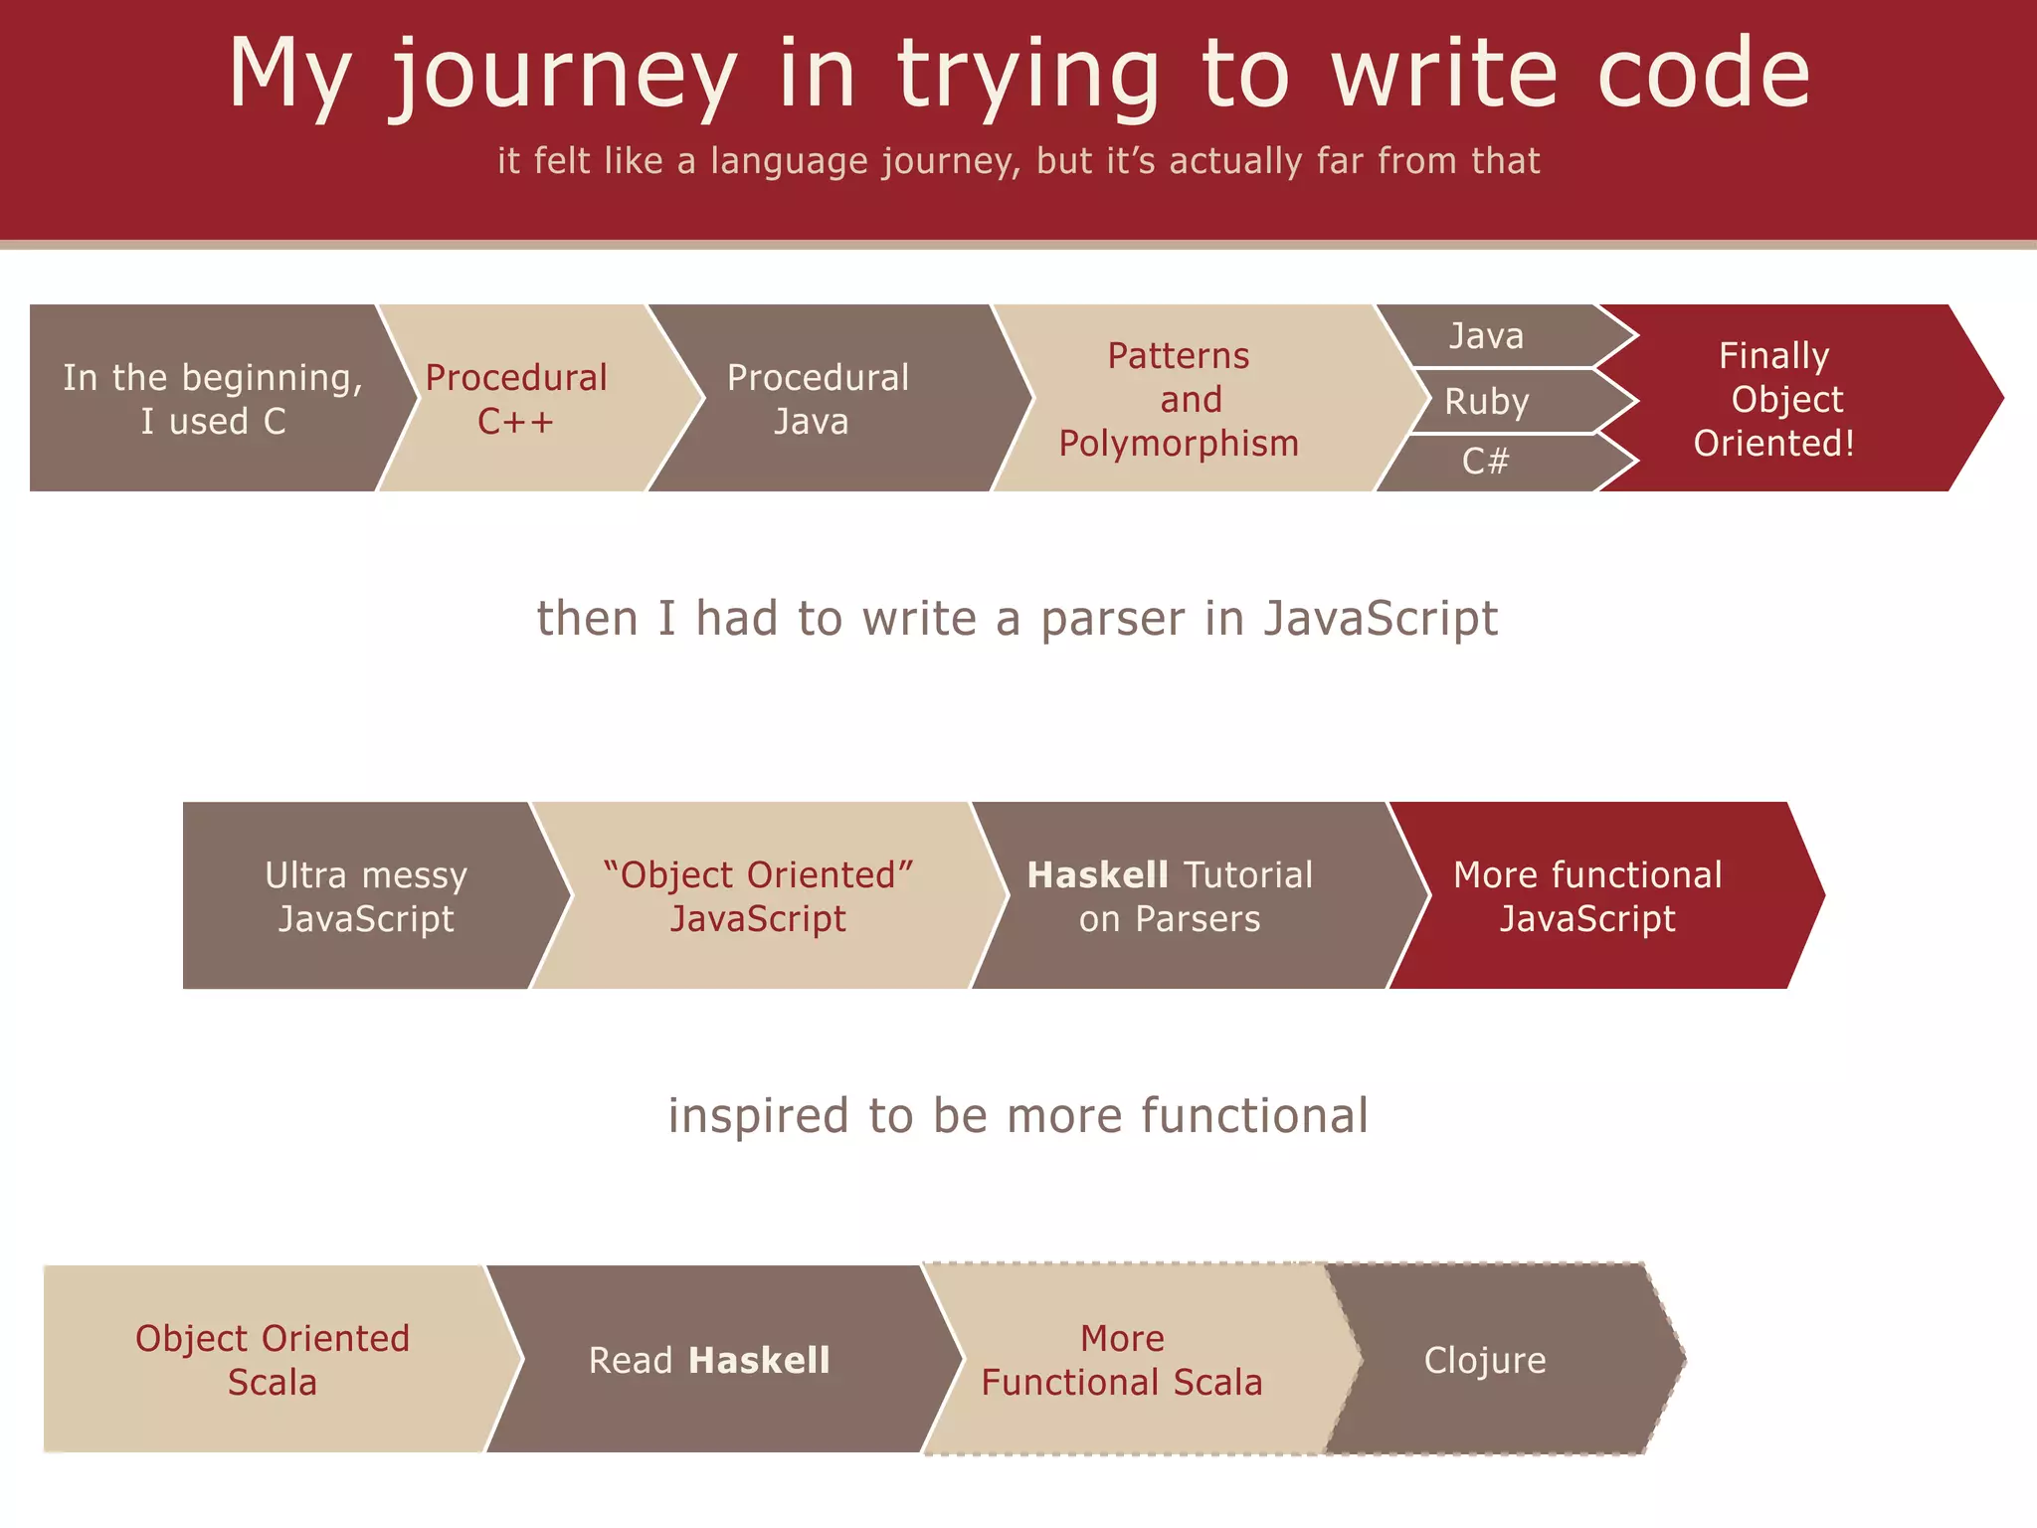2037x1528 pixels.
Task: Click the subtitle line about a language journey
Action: (1018, 161)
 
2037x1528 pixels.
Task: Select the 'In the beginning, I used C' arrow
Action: (213, 399)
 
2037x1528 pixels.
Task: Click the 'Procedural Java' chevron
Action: (818, 399)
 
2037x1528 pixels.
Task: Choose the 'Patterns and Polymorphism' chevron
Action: (1180, 399)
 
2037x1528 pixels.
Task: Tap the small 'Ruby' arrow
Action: (1488, 402)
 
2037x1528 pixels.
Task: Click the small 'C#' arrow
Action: (1486, 462)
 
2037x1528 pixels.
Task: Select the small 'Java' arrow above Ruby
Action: (1486, 336)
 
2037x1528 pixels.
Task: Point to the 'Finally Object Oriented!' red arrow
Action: (1774, 399)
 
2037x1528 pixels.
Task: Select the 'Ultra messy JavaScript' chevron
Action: (366, 896)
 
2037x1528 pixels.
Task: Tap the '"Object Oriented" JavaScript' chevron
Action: (758, 896)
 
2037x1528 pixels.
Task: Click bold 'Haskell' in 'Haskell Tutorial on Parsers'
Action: (1097, 875)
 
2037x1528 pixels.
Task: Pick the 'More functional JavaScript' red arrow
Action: (1588, 896)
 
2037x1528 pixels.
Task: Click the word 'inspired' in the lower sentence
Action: (760, 1116)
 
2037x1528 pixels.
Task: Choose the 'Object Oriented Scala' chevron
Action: (272, 1360)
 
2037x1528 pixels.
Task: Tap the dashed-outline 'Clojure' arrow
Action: (1486, 1360)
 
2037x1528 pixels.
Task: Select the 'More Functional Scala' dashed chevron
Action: (1122, 1360)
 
